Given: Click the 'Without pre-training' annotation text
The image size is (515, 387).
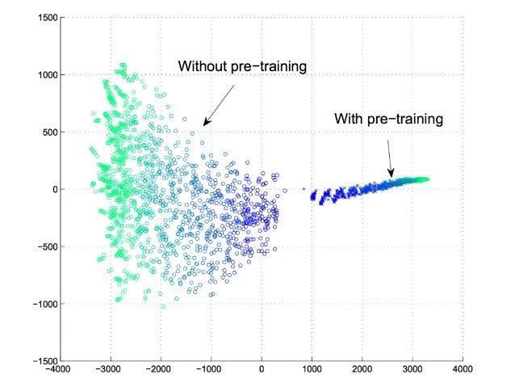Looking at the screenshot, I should [242, 66].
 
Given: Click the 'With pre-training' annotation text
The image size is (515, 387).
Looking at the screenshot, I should [389, 120].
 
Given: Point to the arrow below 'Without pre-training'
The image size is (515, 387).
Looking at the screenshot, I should [219, 103].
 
